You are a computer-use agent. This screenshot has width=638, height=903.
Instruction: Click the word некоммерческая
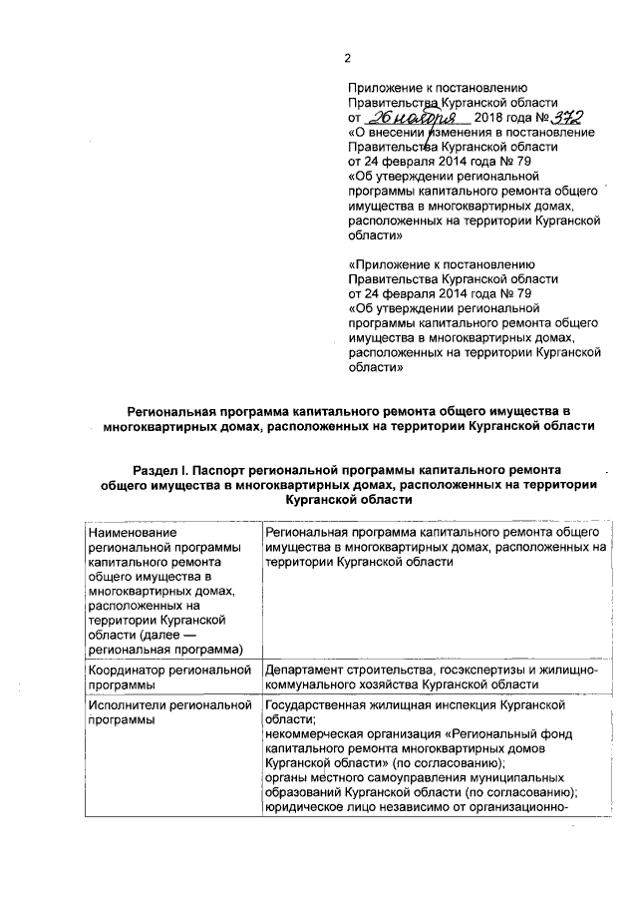[x=315, y=733]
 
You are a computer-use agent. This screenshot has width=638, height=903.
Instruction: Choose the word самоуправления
[x=405, y=776]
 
